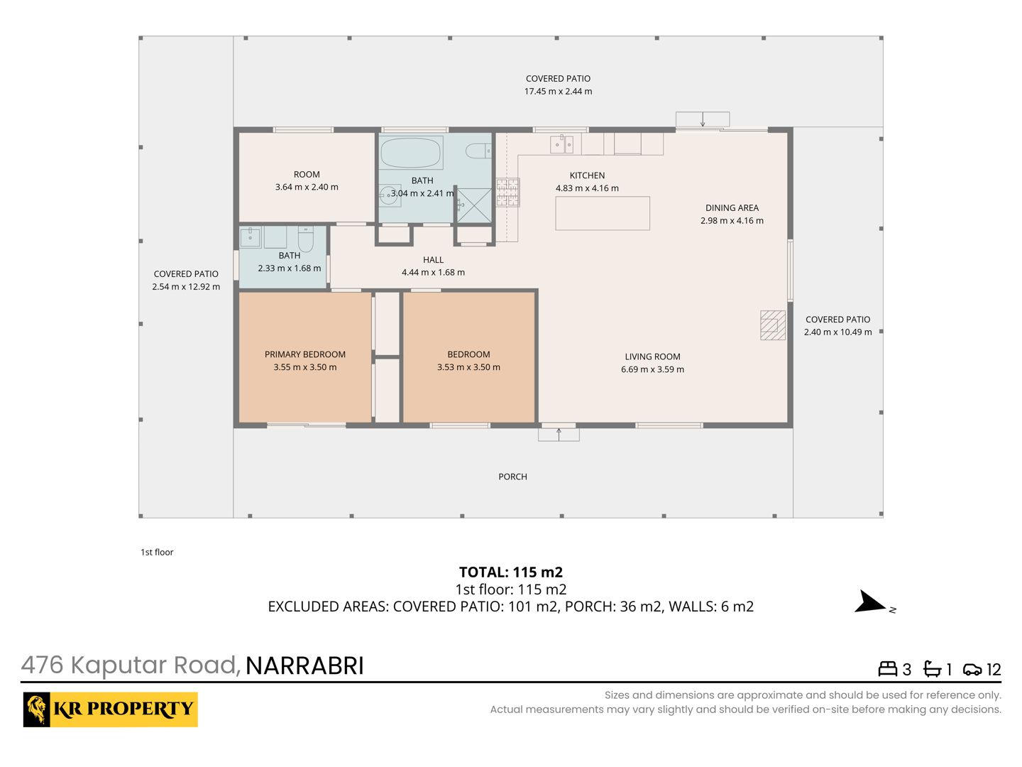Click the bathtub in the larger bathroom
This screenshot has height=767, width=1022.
click(x=411, y=152)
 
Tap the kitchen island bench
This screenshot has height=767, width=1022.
click(x=602, y=213)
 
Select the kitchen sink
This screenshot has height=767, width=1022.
click(x=561, y=144)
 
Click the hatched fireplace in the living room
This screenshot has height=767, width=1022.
click(x=772, y=325)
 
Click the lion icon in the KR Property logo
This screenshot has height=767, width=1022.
click(x=37, y=709)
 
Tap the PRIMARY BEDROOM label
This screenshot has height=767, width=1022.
click(x=305, y=354)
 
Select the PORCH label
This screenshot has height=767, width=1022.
click(x=512, y=477)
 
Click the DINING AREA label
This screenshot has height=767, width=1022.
click(x=732, y=207)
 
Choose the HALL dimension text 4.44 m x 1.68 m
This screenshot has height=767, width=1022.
click(x=433, y=273)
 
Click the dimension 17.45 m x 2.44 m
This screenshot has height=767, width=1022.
click(x=559, y=92)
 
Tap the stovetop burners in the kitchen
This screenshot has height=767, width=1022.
click(x=507, y=192)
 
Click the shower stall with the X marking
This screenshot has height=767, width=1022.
click(x=474, y=205)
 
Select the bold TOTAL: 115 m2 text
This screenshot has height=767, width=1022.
click(x=511, y=572)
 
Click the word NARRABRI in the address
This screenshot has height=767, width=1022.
click(x=304, y=665)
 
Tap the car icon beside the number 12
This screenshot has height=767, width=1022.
click(x=972, y=670)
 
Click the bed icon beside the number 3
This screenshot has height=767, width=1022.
click(x=887, y=669)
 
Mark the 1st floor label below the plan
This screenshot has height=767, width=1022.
click(x=157, y=553)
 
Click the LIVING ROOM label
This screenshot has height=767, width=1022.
click(x=652, y=357)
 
